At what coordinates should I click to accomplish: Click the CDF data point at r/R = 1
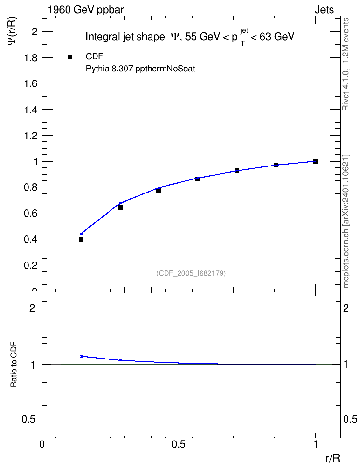pyautogui.click(x=315, y=161)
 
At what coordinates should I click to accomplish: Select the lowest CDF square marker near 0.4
pyautogui.click(x=81, y=239)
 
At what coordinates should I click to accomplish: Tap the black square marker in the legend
pyautogui.click(x=70, y=57)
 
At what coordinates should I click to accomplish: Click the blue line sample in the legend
pyautogui.click(x=70, y=69)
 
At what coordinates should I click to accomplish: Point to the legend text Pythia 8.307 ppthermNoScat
pyautogui.click(x=140, y=69)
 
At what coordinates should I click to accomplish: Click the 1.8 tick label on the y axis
pyautogui.click(x=30, y=58)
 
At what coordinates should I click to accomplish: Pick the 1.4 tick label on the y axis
pyautogui.click(x=30, y=110)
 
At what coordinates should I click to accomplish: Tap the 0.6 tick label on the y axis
pyautogui.click(x=30, y=213)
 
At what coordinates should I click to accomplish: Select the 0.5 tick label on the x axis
pyautogui.click(x=179, y=444)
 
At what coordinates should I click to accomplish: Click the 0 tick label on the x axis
pyautogui.click(x=42, y=444)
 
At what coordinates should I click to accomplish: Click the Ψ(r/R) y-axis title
pyautogui.click(x=12, y=31)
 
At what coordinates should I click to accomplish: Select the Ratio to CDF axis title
pyautogui.click(x=14, y=365)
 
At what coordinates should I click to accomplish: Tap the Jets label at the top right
pyautogui.click(x=324, y=10)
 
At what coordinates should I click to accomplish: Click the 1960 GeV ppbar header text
pyautogui.click(x=85, y=10)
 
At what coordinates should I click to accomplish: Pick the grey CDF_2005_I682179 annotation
pyautogui.click(x=191, y=273)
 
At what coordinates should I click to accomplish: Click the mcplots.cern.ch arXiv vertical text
pyautogui.click(x=346, y=221)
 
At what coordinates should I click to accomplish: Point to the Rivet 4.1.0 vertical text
pyautogui.click(x=346, y=64)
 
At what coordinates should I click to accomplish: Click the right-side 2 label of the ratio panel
pyautogui.click(x=346, y=308)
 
